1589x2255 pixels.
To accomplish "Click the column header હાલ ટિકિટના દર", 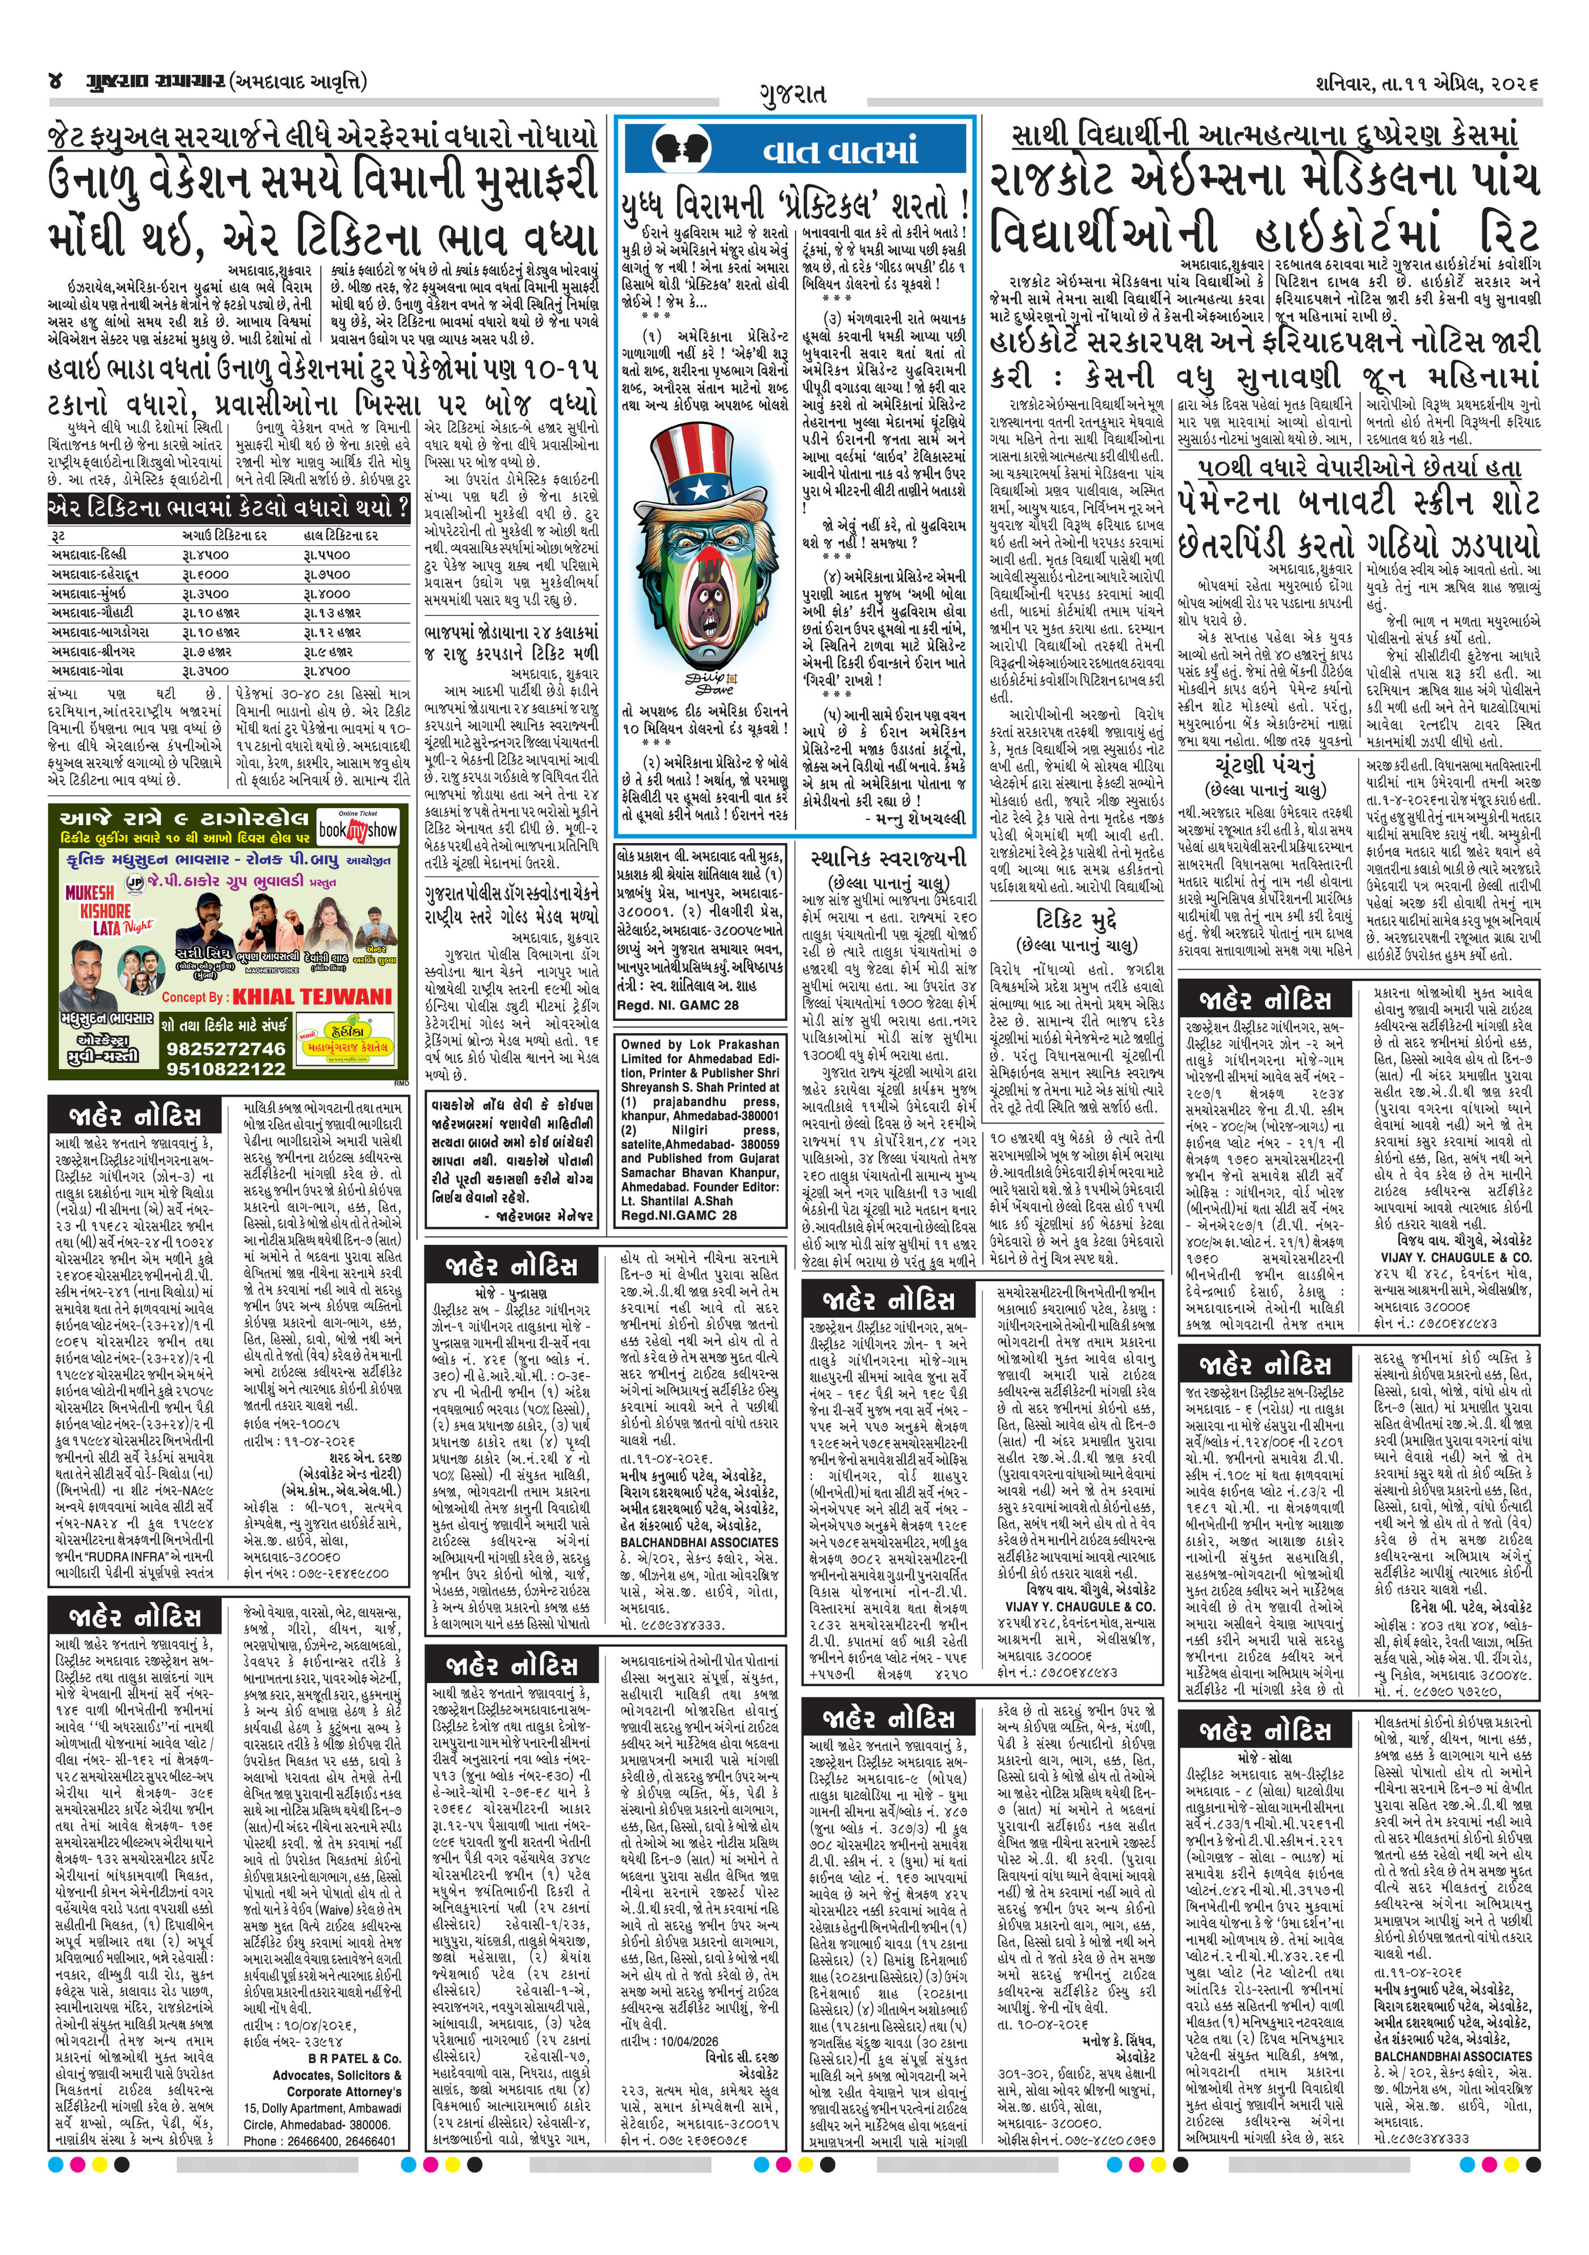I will point(340,535).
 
